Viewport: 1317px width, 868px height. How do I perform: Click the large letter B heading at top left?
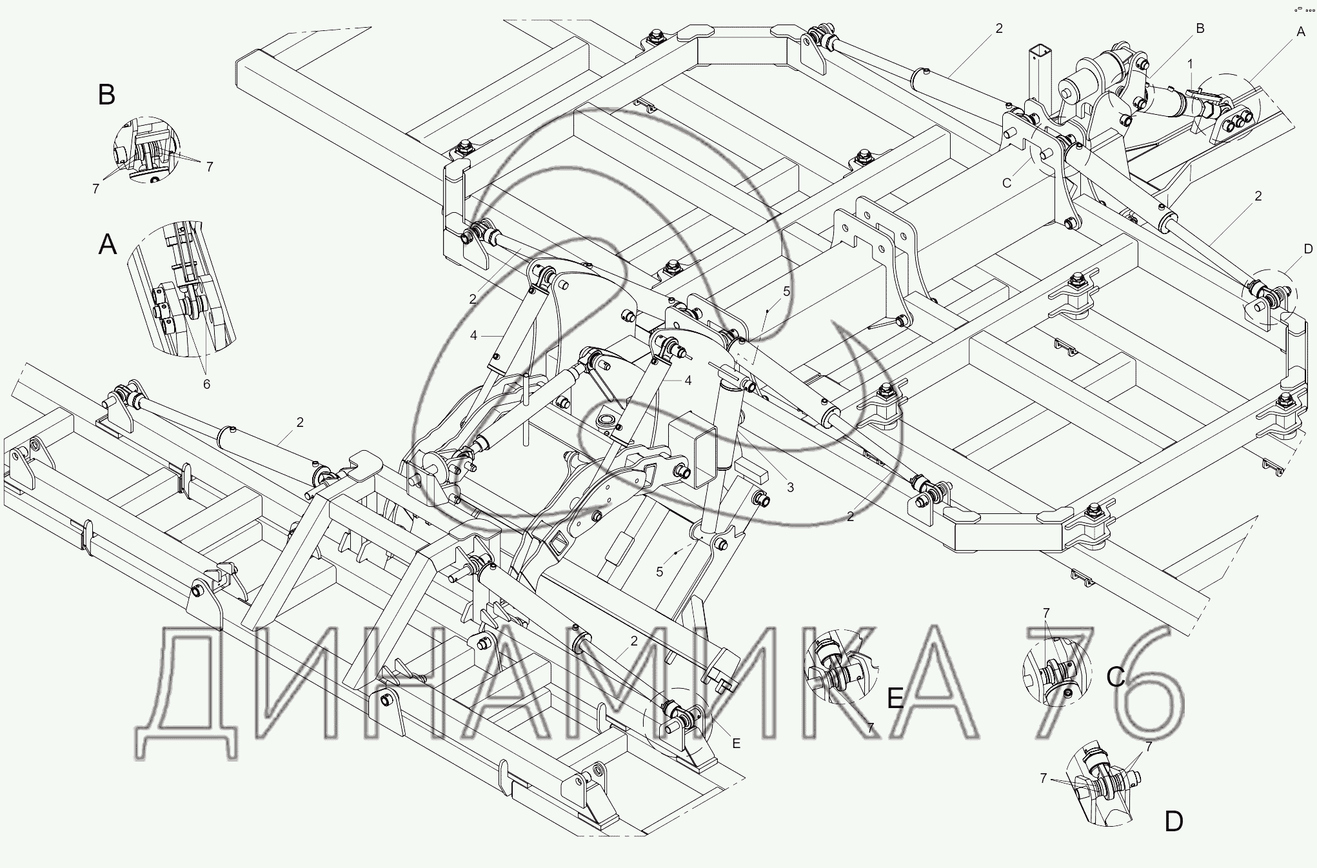point(106,95)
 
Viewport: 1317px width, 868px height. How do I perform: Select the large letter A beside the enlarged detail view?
point(108,245)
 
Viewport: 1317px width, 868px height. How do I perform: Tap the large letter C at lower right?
point(1116,676)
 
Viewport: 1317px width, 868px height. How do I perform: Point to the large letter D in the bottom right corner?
point(1174,822)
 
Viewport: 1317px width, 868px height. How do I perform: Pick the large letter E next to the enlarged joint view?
point(896,698)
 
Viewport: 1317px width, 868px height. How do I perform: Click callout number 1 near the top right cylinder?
point(1190,63)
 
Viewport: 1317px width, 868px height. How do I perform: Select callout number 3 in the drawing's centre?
point(790,488)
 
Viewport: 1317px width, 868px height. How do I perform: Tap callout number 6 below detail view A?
point(206,384)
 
